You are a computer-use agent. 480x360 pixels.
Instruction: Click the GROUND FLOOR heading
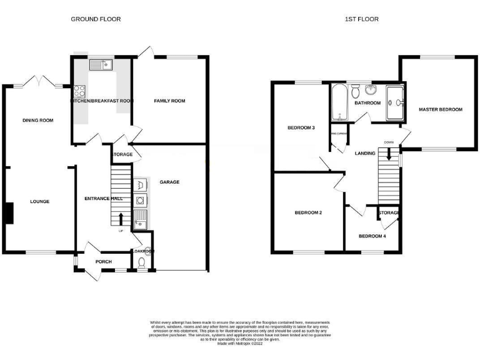pos(96,19)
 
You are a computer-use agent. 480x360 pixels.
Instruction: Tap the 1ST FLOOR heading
pos(361,19)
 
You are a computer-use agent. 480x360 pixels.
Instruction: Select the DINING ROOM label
pos(37,121)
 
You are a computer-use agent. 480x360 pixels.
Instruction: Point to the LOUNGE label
pos(39,201)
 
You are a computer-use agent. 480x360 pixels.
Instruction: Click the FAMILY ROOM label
pos(169,101)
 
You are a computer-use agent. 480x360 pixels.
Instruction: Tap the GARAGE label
pos(169,182)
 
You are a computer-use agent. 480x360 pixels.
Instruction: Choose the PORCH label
pos(103,262)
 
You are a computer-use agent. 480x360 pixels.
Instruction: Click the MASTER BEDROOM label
pos(441,109)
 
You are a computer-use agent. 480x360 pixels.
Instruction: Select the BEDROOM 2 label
pos(308,213)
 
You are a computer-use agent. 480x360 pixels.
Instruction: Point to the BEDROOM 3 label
pos(301,128)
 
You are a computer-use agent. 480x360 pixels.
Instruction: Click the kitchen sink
pos(99,63)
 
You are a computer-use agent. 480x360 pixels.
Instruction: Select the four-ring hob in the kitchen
pos(79,92)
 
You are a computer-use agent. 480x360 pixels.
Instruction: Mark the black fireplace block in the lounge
pos(9,213)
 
